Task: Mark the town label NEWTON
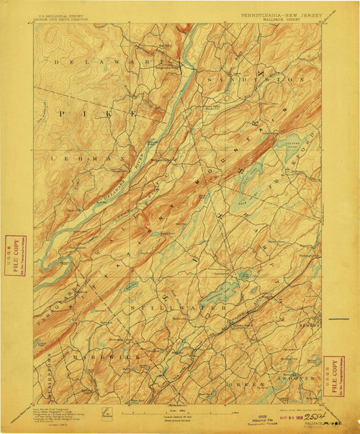pos(302,325)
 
